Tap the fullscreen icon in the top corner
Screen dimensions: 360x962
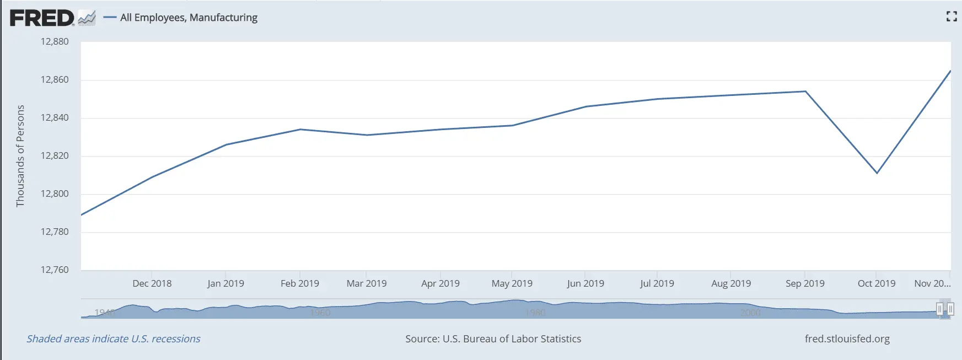coord(951,17)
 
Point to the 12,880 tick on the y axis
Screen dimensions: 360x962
coord(55,42)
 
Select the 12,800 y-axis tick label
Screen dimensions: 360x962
coord(55,194)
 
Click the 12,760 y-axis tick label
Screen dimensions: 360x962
coord(55,270)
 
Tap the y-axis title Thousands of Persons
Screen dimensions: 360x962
coord(20,156)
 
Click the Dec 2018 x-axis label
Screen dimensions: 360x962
coord(152,284)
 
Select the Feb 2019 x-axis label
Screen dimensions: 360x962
coord(300,284)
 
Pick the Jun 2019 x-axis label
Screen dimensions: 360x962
coord(585,284)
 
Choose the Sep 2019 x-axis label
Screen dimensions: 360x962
coord(805,284)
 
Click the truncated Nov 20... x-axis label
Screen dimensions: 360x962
coord(932,284)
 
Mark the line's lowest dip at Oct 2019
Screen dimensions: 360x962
coord(877,173)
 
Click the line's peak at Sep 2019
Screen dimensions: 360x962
coord(805,92)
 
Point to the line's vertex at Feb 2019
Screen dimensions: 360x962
coord(300,130)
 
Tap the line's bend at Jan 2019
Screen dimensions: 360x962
coord(226,144)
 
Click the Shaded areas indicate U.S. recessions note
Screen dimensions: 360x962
coord(114,339)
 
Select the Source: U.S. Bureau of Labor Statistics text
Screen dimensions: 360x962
coord(493,339)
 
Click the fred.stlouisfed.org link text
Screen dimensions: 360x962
coord(847,339)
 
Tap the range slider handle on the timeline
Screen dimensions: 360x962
coord(945,309)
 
